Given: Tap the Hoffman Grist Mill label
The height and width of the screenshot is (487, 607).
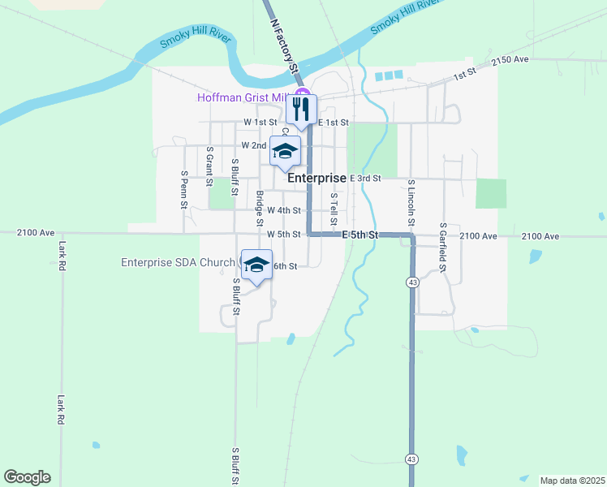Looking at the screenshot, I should pos(243,98).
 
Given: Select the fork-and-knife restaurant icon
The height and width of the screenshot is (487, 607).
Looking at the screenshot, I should pos(301,109).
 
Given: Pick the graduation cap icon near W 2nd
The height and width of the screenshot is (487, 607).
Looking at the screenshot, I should pos(285,151).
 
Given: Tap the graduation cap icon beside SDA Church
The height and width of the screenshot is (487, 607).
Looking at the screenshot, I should pos(256,265).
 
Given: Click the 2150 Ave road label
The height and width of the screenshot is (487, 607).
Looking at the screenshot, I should pos(510,60).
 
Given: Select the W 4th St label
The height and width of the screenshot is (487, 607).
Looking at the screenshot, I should pos(284,209).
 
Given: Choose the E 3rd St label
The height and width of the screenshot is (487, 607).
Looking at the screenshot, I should pos(365,178).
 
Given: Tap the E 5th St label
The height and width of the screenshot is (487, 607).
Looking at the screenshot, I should pos(360,235).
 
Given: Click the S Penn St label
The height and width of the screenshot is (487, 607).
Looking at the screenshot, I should pos(185,189).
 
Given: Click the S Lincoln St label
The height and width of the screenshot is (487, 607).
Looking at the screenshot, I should pos(411,203).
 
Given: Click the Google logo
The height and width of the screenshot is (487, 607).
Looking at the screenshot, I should pos(27,477).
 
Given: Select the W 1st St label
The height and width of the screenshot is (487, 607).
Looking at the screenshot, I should pos(260,122).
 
